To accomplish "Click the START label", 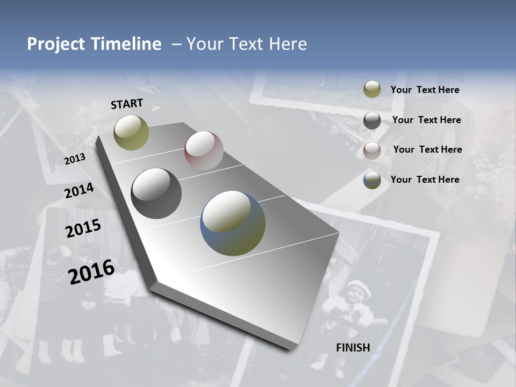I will pos(127,104).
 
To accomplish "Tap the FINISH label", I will pos(353,347).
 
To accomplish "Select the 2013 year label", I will pos(75,159).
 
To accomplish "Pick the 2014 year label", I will pos(79,190).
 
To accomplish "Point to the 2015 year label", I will pos(83,228).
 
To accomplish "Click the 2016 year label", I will pos(91,271).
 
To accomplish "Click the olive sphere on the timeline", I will pos(131,132).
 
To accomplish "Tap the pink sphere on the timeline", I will pos(204,150).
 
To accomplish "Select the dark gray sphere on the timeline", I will pos(156,193).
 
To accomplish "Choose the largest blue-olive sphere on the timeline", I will pos(233,223).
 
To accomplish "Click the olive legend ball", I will pos(372,90).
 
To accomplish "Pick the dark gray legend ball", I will pos(372,120).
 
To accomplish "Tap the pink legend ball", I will pos(372,150).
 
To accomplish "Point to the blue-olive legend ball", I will pos(372,180).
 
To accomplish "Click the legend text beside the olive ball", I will pos(425,90).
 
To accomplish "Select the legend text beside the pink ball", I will pos(427,149).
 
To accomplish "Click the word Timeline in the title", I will pos(127,44).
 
